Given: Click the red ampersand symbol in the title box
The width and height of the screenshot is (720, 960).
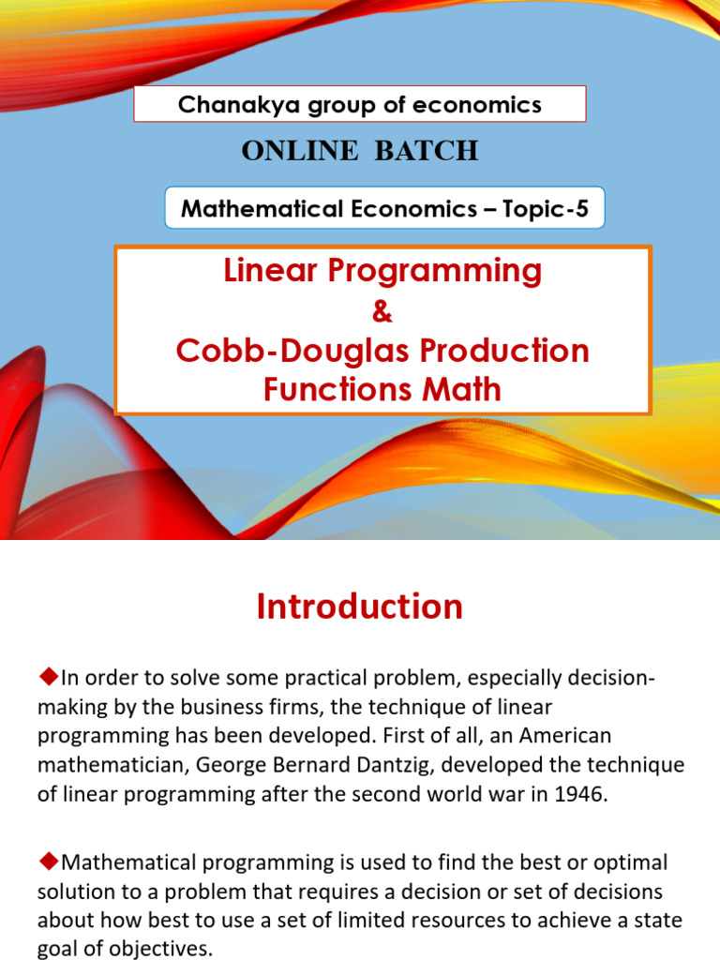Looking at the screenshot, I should click(382, 311).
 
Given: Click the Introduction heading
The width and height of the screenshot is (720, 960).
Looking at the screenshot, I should click(360, 607).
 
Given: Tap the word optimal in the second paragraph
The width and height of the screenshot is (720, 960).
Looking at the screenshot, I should click(618, 862).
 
